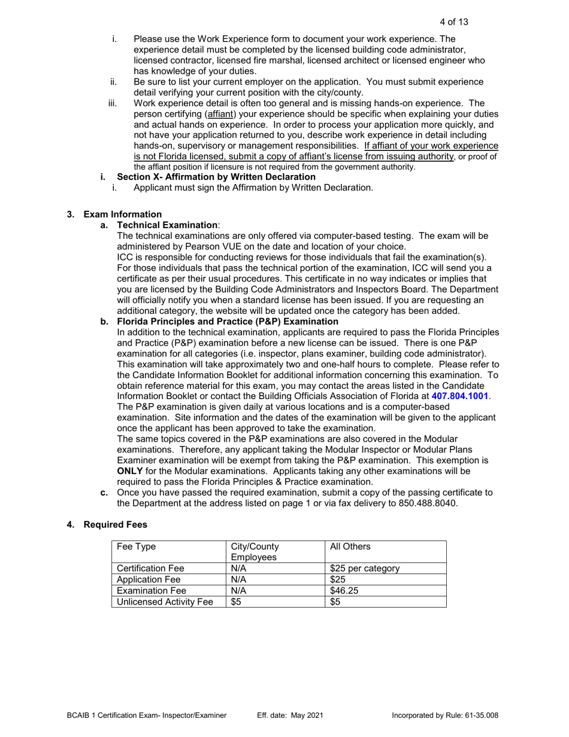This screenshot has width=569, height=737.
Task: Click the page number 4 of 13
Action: point(453,22)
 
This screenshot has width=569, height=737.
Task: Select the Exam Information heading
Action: point(122,214)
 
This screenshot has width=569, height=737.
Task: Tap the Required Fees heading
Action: point(115,524)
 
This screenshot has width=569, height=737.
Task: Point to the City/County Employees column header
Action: point(255,551)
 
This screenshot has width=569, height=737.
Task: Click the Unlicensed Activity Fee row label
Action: point(165,602)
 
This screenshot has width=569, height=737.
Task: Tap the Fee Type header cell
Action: point(135,546)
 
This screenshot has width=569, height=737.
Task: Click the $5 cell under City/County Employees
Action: point(236,602)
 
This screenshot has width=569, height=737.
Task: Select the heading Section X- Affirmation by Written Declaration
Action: point(216,177)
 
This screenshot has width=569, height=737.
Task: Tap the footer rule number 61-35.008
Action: point(479,715)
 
